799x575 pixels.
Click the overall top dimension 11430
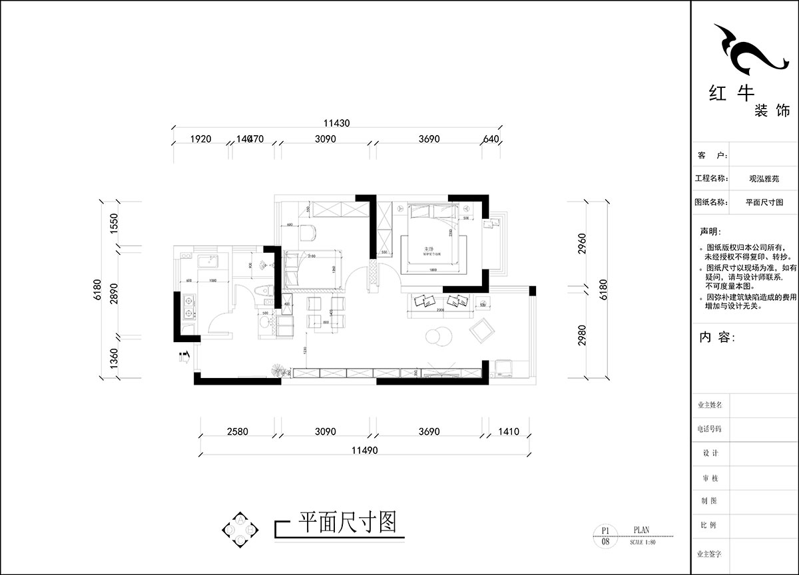336,123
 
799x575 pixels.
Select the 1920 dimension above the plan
200,139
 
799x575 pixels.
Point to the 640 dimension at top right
491,139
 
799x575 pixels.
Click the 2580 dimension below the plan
237,431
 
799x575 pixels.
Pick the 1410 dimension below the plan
508,431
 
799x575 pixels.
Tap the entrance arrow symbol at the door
185,357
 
